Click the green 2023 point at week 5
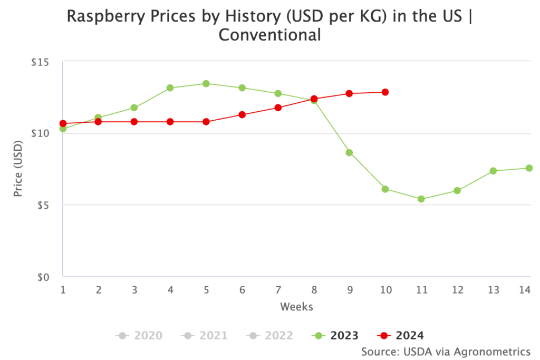click(206, 84)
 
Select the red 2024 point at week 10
click(385, 92)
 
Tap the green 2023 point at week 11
click(421, 199)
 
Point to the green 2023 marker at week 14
click(529, 168)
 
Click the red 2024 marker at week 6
click(242, 115)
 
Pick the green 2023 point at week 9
click(349, 153)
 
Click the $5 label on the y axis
click(43, 205)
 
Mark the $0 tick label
click(43, 277)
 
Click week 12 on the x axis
click(457, 289)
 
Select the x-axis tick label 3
click(134, 289)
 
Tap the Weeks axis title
click(296, 306)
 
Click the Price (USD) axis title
click(18, 168)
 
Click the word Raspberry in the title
click(108, 17)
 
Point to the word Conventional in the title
click(269, 36)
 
